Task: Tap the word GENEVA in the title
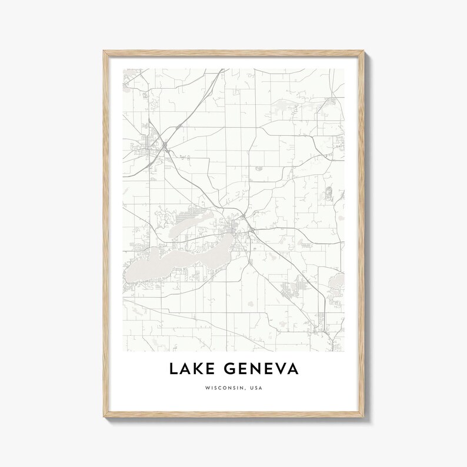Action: [x=261, y=369]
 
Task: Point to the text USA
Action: [x=256, y=388]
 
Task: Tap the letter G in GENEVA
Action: [x=231, y=369]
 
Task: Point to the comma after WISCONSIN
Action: [x=246, y=389]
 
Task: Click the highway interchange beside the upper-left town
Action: [x=166, y=144]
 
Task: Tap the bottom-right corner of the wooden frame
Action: [x=365, y=419]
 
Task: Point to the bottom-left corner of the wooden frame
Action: [x=102, y=419]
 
